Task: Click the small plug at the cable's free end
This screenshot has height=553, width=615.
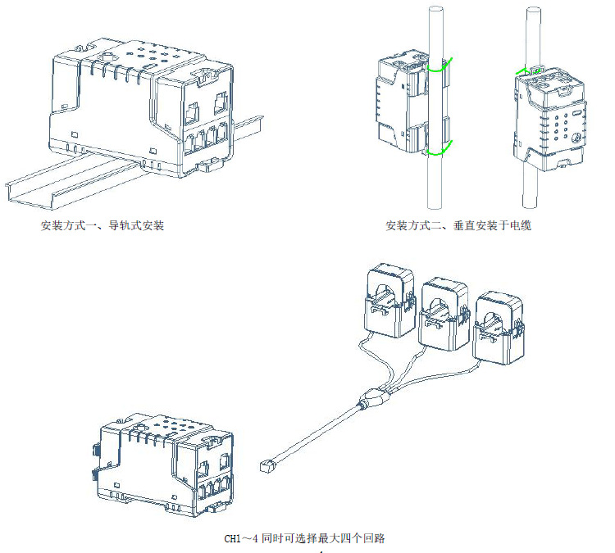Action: [x=266, y=465]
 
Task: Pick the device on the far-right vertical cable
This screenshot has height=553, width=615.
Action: [x=544, y=119]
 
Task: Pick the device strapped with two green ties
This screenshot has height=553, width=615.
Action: [x=406, y=102]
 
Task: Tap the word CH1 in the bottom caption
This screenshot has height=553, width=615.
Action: [x=235, y=538]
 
